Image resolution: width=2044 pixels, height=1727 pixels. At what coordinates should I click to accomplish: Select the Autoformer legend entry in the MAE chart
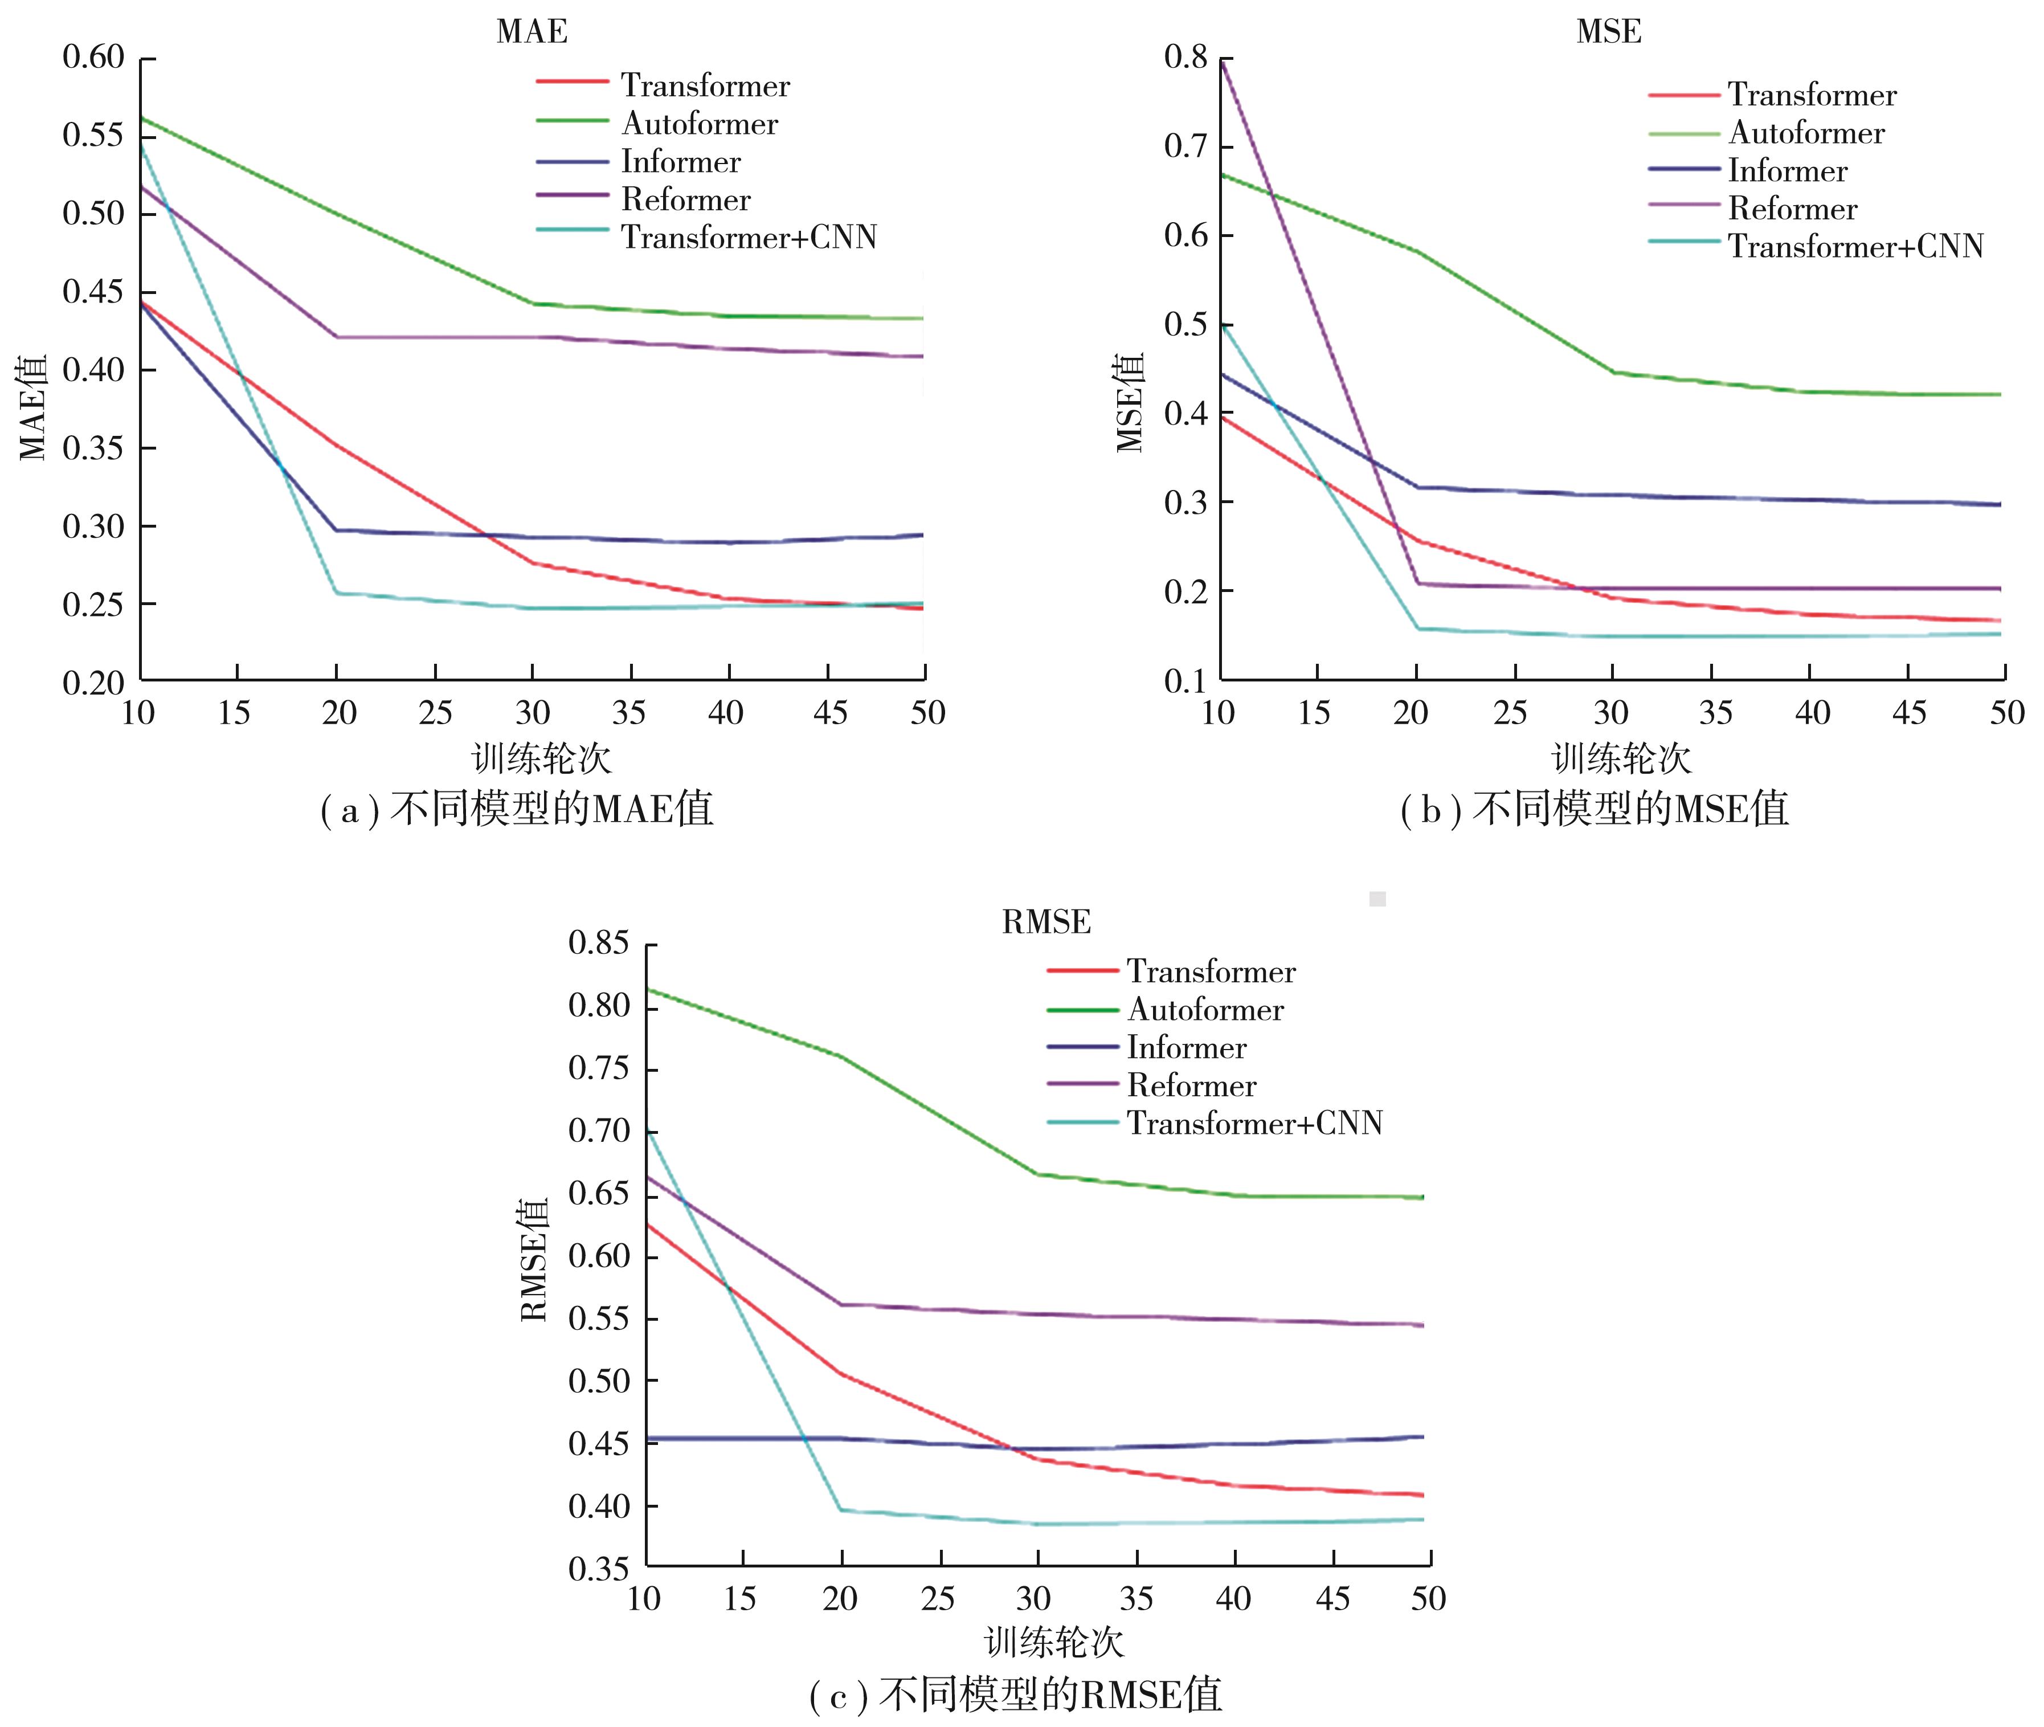(699, 123)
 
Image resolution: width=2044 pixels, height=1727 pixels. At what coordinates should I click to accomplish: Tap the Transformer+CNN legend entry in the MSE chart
(1855, 246)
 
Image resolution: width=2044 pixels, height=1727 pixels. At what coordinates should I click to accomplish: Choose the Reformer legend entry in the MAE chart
(685, 200)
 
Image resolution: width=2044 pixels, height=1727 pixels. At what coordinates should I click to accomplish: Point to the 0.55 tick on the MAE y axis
(94, 135)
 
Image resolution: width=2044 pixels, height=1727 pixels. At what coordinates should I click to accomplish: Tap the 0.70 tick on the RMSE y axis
(599, 1132)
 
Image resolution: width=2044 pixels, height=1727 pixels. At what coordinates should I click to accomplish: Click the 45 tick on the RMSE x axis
(1332, 1599)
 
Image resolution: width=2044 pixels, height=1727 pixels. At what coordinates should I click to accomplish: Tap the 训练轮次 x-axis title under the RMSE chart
(1053, 1643)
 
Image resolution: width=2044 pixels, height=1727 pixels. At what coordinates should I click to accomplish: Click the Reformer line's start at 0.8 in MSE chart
(1222, 61)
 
